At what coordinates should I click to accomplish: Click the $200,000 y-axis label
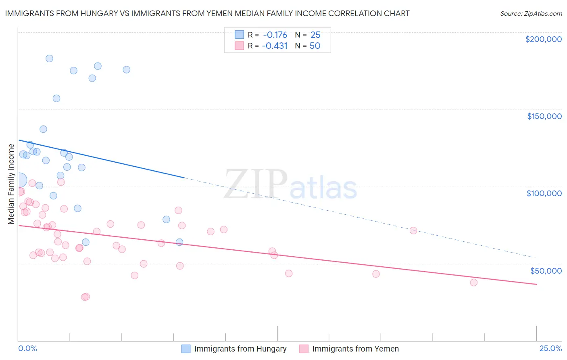543,39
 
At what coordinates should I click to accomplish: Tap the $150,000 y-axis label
544,116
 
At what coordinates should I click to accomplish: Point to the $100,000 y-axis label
544,193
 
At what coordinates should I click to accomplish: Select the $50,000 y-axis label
546,270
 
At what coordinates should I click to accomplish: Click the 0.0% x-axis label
27,348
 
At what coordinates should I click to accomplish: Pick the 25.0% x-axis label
550,348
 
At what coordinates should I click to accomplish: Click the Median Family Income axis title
11,184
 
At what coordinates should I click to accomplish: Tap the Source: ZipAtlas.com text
531,14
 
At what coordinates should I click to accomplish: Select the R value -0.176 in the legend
275,35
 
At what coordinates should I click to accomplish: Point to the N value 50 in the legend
315,46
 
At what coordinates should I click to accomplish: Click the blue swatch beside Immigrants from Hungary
186,349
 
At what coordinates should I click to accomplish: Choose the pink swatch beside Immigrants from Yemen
304,349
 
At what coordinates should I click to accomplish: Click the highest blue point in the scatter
49,59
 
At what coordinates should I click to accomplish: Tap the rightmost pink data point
474,283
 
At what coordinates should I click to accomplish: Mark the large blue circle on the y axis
19,180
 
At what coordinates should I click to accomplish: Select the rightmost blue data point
179,242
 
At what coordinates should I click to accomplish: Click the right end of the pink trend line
537,285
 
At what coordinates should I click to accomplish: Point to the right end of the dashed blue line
537,258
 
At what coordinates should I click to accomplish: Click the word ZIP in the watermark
255,184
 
